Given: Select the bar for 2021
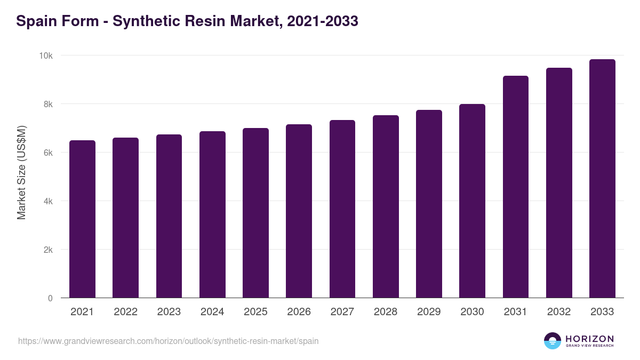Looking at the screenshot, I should (82, 219).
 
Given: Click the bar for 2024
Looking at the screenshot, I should (212, 214).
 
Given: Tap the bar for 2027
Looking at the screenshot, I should (342, 209).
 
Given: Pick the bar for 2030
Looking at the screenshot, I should (473, 201).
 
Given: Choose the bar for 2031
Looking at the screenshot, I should (516, 187).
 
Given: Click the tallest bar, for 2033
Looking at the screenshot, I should (602, 178).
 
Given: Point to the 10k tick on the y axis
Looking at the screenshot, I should (46, 55).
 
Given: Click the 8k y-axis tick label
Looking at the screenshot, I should (48, 104).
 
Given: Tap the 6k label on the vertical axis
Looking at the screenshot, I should (48, 153).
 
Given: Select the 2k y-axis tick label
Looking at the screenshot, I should (48, 250).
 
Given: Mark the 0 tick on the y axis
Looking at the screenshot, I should (50, 298).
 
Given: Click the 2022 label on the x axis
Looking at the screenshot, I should (125, 312).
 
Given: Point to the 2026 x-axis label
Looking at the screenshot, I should (299, 312).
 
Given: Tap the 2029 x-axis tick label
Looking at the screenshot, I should (429, 312).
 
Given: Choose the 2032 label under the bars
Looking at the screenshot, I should (559, 312).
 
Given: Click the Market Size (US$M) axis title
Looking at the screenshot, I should (21, 173).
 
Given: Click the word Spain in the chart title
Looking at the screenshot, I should (36, 21).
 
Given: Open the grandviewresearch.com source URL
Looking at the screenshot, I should (169, 341).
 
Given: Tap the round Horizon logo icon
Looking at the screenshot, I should (553, 341).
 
